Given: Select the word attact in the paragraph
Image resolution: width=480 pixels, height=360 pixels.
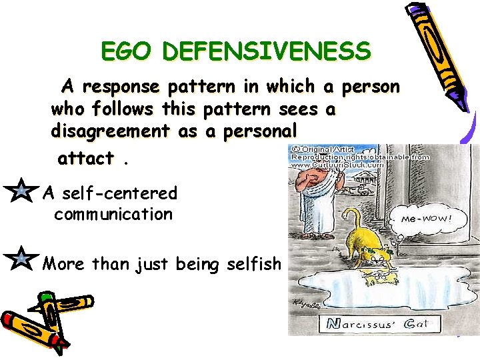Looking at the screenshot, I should tap(86, 159).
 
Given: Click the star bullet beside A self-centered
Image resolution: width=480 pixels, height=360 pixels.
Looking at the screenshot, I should tap(22, 193).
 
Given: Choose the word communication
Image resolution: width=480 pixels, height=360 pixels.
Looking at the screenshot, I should tap(113, 215).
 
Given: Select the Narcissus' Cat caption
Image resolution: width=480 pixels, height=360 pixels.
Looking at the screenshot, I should tap(377, 325).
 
